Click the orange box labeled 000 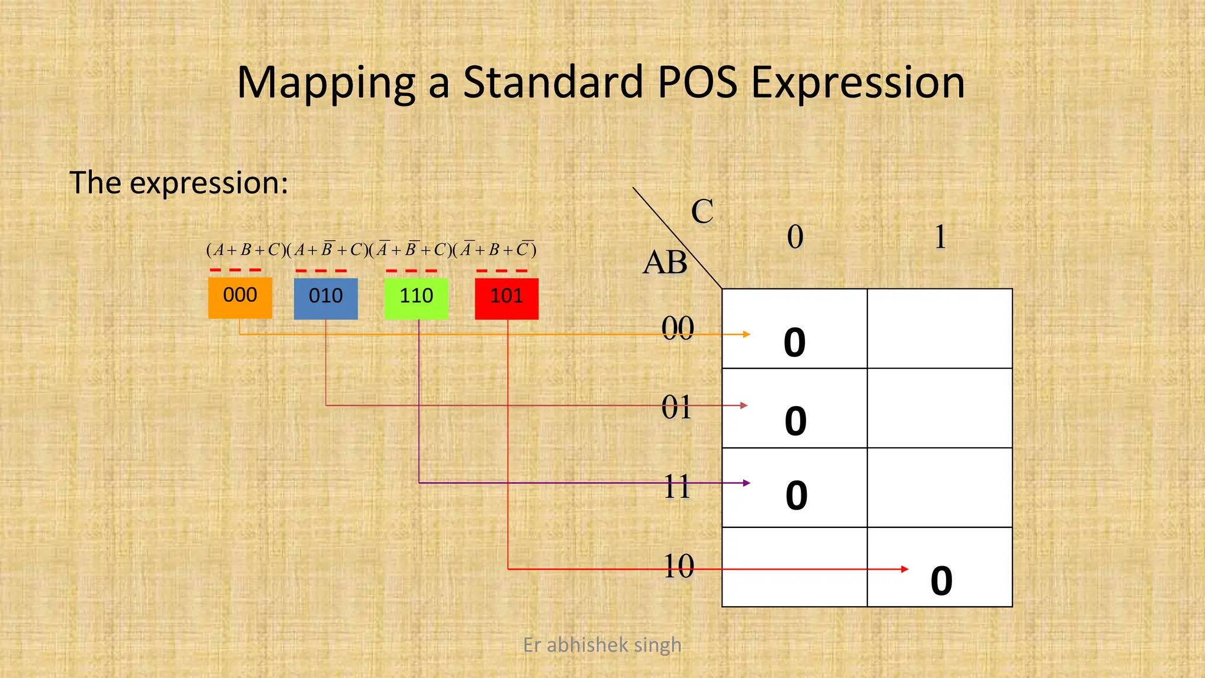[x=240, y=298]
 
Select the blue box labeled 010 [x=325, y=298]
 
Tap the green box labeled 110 [x=416, y=298]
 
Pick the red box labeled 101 [x=507, y=298]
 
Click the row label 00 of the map [x=677, y=328]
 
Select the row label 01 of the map [x=677, y=407]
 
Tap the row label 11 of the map [x=677, y=487]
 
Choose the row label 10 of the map [x=678, y=566]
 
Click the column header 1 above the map [x=940, y=237]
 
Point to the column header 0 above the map [x=795, y=237]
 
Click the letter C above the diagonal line [x=702, y=211]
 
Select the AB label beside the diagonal [x=665, y=262]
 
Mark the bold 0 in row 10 [x=941, y=581]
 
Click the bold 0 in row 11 [x=796, y=496]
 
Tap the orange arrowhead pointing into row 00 [x=747, y=334]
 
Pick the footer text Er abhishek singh [x=602, y=645]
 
